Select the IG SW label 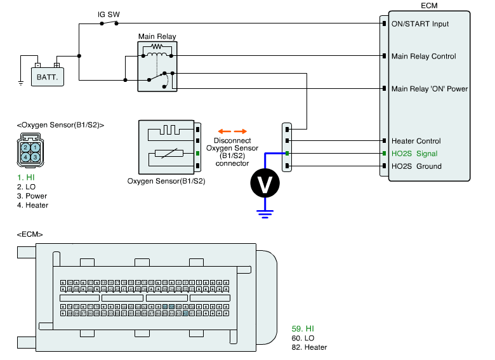109,14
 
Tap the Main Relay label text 157,37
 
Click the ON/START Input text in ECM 420,24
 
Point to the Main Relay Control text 424,57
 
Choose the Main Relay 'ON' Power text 430,89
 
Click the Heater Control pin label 416,141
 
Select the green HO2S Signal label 414,154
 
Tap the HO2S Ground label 416,166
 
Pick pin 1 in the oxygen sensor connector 36,147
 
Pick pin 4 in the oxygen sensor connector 25,156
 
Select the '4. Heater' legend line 33,205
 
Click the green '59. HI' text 303,328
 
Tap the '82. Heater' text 309,347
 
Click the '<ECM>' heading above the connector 30,235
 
